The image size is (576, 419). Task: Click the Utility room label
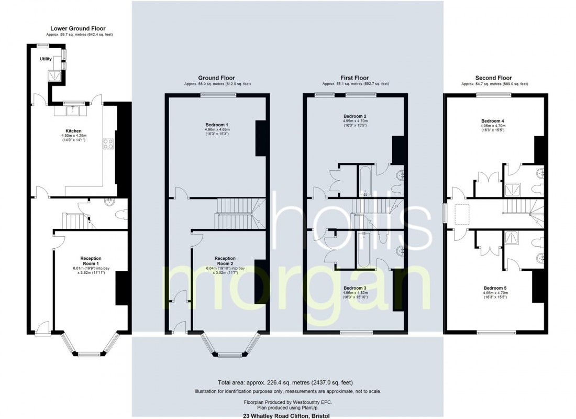(46, 59)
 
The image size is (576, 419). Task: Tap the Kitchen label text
(73, 131)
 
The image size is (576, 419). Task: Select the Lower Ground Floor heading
(78, 28)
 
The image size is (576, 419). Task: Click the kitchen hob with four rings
(108, 144)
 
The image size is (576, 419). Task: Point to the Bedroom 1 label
(217, 125)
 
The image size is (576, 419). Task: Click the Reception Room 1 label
(91, 261)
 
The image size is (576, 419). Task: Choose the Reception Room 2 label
(225, 261)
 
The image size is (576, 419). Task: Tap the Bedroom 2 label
(355, 116)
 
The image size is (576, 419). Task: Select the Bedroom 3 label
(355, 288)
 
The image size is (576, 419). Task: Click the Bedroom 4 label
(493, 121)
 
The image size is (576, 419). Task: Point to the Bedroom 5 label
(495, 288)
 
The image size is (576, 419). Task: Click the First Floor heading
(355, 78)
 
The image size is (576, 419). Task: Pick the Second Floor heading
(493, 78)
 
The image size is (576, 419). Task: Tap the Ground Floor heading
(216, 78)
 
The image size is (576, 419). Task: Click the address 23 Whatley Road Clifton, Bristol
(286, 416)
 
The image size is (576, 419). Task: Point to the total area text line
(285, 383)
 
